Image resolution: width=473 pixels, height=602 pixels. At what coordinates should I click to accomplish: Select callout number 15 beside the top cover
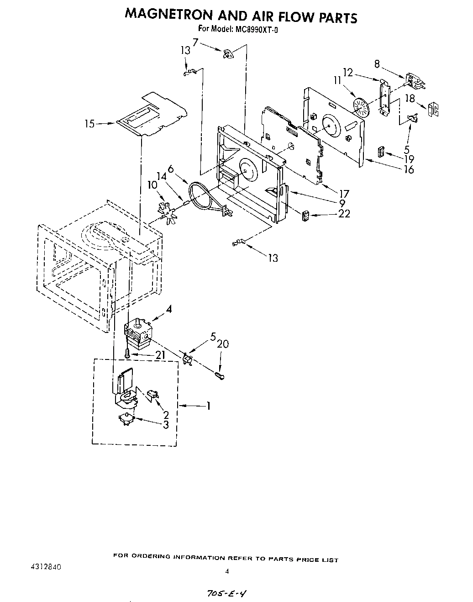coord(89,123)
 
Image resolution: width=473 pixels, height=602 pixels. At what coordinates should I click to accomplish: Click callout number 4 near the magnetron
coord(169,309)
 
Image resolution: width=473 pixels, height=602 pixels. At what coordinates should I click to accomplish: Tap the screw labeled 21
coord(127,352)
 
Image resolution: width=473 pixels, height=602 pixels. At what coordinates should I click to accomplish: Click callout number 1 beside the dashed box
coord(209,406)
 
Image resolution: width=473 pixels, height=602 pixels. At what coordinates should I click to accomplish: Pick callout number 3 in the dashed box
coord(166,425)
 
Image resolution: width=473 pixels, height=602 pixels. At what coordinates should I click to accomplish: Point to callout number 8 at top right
coord(377,64)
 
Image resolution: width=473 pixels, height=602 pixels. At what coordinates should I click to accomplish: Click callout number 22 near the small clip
coord(344,213)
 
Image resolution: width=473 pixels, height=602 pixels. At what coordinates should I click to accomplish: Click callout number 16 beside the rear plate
coord(409,169)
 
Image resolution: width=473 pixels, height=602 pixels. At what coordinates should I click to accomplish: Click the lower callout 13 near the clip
coord(273,258)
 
